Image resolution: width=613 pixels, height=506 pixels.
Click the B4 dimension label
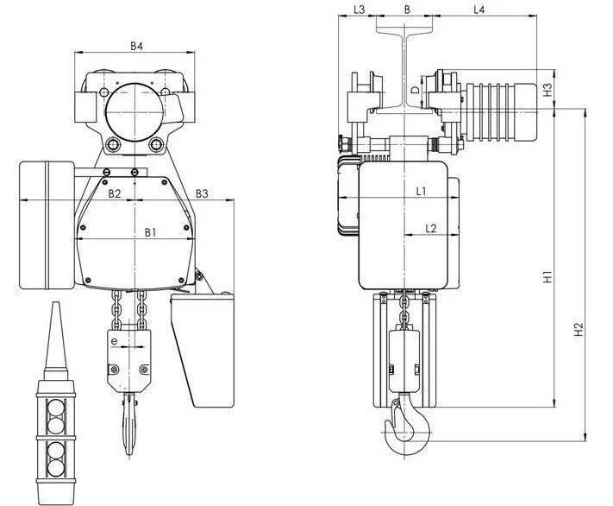pyautogui.click(x=136, y=46)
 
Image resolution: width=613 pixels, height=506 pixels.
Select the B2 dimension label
pyautogui.click(x=114, y=193)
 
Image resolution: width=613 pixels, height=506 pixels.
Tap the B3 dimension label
pyautogui.click(x=202, y=193)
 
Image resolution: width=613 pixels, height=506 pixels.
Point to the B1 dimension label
pyautogui.click(x=151, y=232)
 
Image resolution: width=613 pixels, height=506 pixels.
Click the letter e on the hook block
pyautogui.click(x=114, y=342)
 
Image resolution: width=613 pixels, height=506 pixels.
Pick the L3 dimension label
pyautogui.click(x=359, y=9)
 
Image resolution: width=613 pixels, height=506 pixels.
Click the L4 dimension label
pyautogui.click(x=479, y=9)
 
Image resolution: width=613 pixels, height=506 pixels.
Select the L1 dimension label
pyautogui.click(x=421, y=191)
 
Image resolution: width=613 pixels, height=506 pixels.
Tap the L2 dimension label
pyautogui.click(x=430, y=228)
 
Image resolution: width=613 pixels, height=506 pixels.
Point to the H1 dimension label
pyautogui.click(x=547, y=276)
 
